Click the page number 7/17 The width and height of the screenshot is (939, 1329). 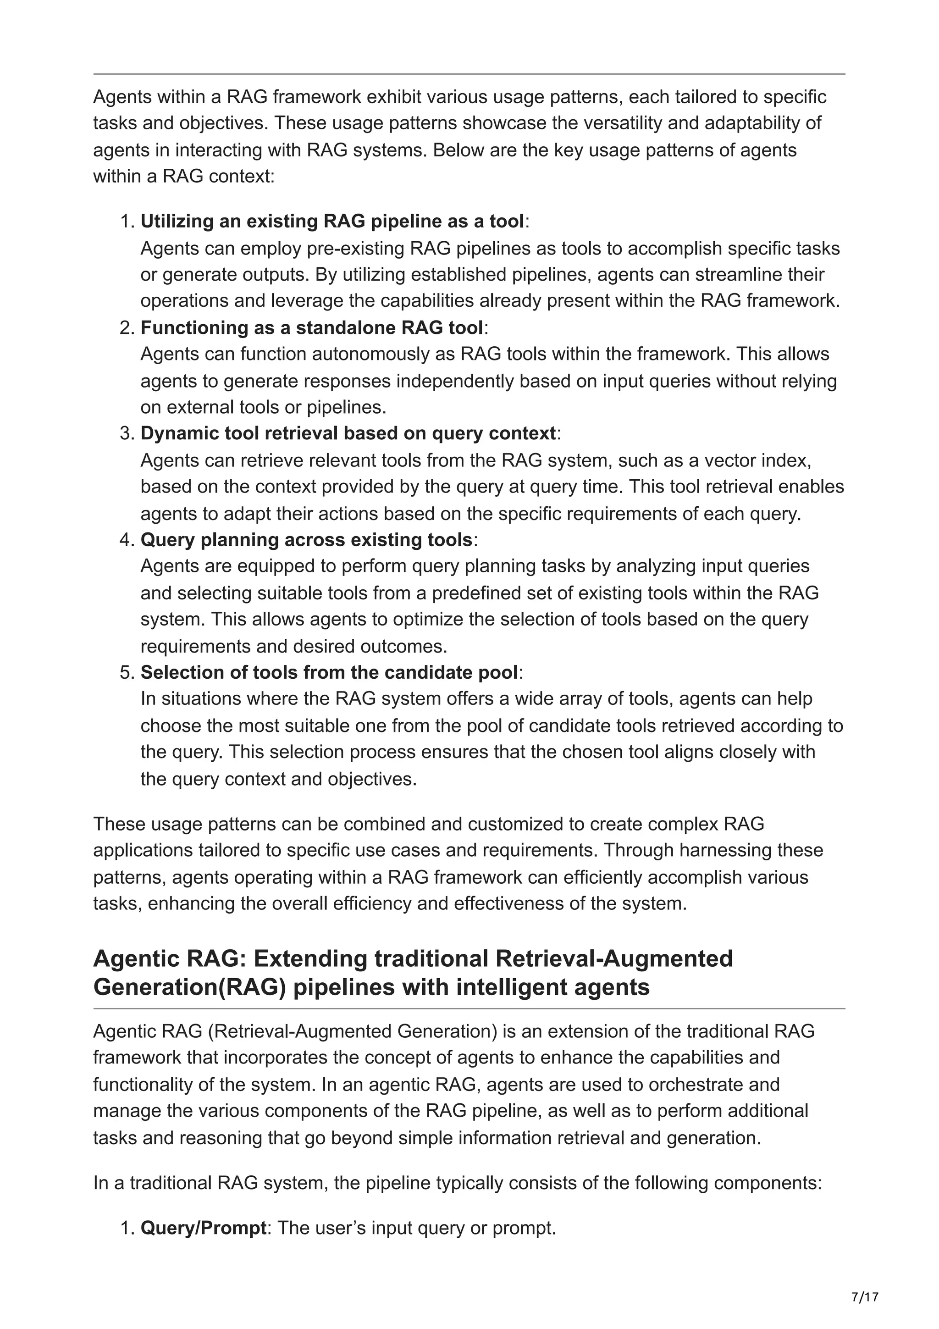pos(865,1297)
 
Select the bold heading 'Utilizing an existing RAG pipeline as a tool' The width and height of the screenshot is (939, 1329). pos(332,221)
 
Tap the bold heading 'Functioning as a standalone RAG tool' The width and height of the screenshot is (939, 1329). pos(312,327)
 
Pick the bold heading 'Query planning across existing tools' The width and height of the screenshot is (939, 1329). pos(307,539)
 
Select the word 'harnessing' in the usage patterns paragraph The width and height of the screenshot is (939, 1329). pos(725,850)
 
